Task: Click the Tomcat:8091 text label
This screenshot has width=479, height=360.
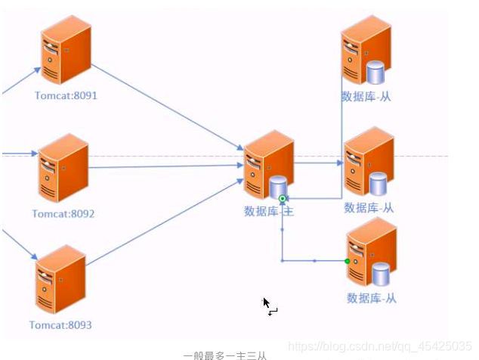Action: coord(66,96)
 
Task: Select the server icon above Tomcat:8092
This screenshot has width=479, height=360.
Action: coord(63,168)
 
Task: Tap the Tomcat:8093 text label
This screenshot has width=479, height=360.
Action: coord(60,325)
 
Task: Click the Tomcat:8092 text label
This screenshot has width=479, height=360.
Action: coord(63,214)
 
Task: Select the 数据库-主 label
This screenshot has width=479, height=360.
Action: coord(268,212)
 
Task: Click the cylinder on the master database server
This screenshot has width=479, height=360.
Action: coord(279,186)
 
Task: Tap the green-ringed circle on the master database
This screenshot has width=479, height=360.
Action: coord(283,199)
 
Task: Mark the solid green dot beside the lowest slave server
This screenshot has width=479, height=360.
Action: coord(348,261)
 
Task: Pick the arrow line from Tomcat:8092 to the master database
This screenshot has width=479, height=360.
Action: coord(166,166)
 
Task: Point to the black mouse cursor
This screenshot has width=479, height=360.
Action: coord(266,303)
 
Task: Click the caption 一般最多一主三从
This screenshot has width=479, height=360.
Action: coord(224,354)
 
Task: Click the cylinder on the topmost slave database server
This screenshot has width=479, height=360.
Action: coord(375,73)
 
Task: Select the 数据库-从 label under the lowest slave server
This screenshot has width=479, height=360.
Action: coord(371,298)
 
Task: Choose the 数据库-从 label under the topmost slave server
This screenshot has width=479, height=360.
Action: coord(366,97)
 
